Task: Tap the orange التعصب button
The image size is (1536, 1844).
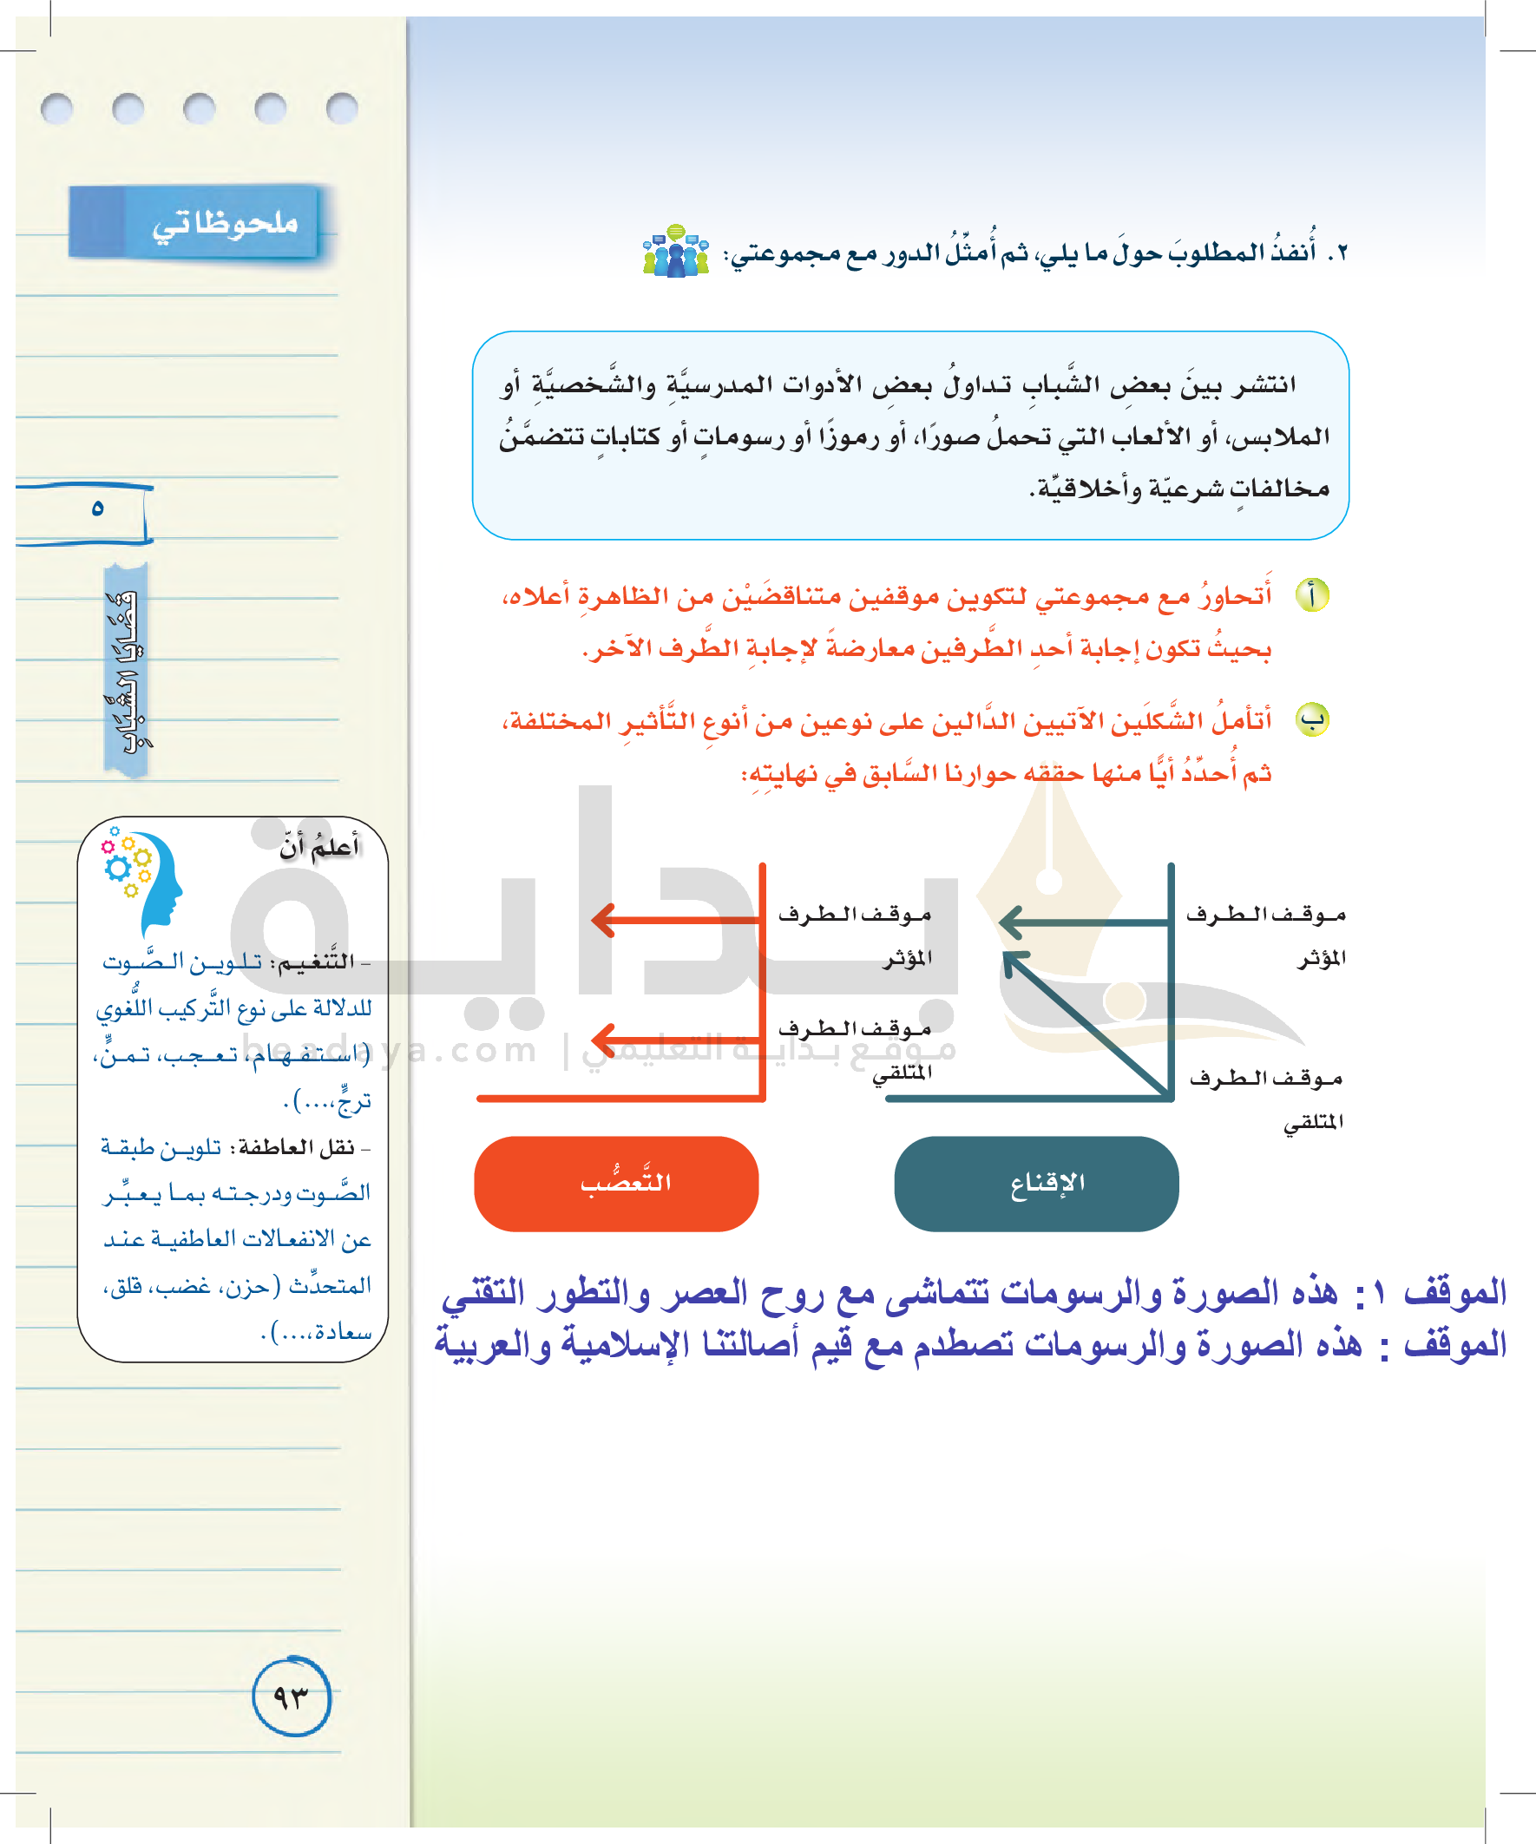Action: (616, 1183)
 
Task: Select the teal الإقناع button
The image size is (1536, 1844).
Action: (1036, 1183)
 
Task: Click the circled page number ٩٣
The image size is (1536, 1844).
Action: (292, 1696)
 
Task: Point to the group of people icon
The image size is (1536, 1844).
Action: (675, 252)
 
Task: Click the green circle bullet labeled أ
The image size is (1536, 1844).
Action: (1312, 595)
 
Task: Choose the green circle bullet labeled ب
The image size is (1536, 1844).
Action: (1312, 720)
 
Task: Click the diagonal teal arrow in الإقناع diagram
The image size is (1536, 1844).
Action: (1086, 1023)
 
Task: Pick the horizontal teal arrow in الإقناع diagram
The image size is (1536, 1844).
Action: (1084, 922)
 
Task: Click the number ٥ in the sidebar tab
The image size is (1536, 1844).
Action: (97, 509)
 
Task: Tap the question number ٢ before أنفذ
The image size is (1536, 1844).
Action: (1336, 253)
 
